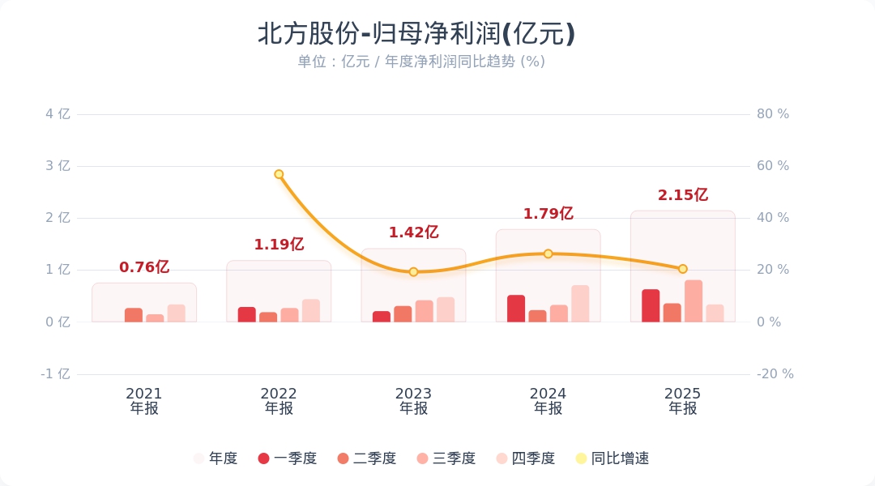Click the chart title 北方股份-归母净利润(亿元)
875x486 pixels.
point(416,34)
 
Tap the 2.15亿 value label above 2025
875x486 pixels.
point(682,195)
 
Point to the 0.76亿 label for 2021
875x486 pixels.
point(144,267)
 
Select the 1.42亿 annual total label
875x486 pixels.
point(413,232)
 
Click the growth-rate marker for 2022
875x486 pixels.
point(279,174)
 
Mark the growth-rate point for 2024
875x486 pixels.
point(548,254)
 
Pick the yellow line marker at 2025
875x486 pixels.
point(682,269)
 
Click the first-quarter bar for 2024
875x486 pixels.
point(516,309)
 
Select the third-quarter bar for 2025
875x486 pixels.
point(694,301)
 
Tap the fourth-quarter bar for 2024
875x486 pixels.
point(580,304)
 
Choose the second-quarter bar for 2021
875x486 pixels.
point(134,315)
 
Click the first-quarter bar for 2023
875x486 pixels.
point(382,317)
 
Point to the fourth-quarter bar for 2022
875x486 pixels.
point(311,311)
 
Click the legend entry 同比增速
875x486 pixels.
point(612,458)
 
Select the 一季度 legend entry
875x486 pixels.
point(288,458)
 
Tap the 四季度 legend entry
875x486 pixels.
point(526,458)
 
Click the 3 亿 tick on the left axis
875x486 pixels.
point(58,166)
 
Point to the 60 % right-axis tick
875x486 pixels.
point(773,166)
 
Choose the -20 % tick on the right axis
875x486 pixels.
point(775,374)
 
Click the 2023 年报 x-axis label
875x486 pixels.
point(413,401)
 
